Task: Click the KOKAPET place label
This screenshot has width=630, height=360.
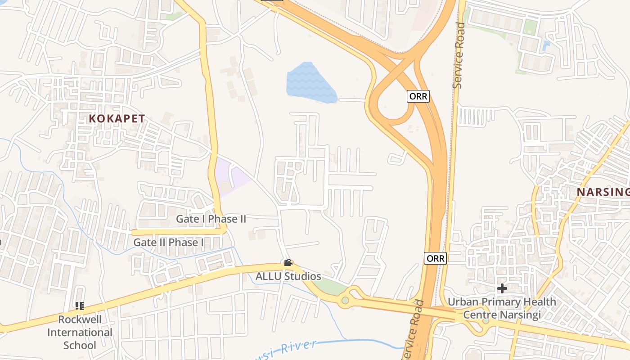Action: click(x=117, y=119)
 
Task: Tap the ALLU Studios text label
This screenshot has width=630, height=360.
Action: click(x=288, y=276)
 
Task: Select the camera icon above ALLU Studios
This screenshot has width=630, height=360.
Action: click(x=288, y=263)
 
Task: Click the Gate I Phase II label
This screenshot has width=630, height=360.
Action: click(x=211, y=219)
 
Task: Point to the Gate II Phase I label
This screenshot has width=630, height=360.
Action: click(x=169, y=243)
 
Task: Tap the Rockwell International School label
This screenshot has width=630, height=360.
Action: click(x=80, y=333)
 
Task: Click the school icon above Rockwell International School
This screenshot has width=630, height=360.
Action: click(x=80, y=306)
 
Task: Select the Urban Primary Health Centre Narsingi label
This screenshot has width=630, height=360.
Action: click(x=502, y=308)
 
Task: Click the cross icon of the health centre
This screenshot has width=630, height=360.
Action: click(x=502, y=288)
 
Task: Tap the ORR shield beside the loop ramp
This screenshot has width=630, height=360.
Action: click(x=418, y=96)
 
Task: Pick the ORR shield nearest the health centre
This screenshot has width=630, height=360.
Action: click(x=435, y=258)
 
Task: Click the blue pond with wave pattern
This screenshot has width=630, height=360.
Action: click(x=310, y=83)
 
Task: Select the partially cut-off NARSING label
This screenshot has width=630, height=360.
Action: click(x=603, y=192)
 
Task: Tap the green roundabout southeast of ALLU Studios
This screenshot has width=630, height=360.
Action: click(x=345, y=300)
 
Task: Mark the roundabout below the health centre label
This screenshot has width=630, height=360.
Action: click(x=485, y=321)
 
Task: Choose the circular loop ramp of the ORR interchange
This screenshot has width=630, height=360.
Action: click(x=391, y=103)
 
